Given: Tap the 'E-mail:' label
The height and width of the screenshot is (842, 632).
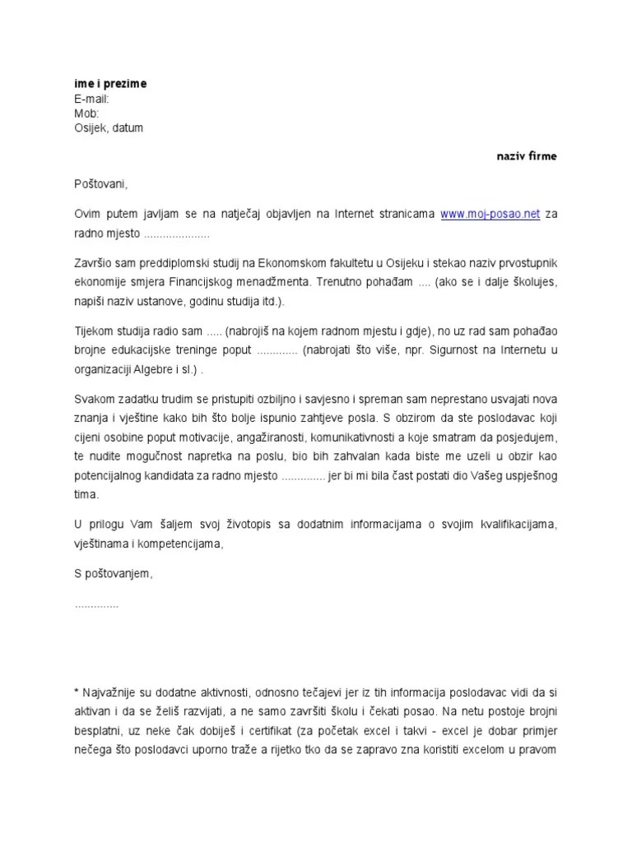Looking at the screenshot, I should (91, 99).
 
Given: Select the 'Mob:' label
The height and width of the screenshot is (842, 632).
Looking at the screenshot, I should (86, 113).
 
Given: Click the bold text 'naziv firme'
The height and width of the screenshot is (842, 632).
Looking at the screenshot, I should (526, 156).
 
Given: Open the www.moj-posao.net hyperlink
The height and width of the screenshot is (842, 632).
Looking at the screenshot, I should (490, 214).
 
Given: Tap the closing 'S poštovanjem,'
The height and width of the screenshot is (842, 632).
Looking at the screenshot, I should (114, 573).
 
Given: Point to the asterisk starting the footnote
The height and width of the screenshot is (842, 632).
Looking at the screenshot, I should (76, 693).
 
